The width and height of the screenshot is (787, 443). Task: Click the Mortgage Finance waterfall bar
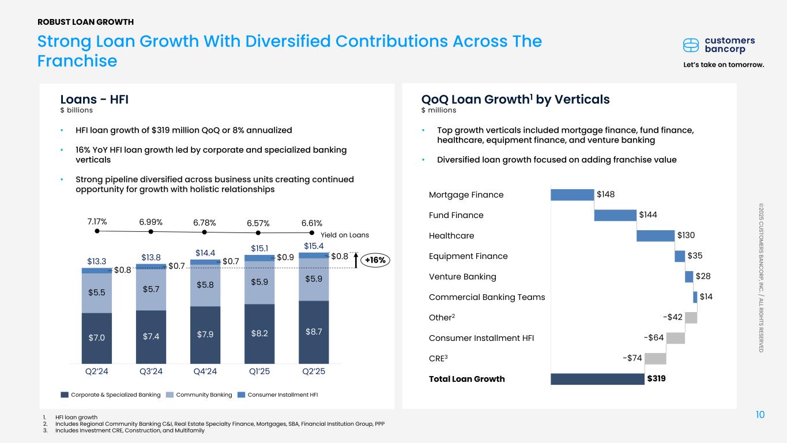click(x=572, y=194)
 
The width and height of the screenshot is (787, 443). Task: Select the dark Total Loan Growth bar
click(x=597, y=379)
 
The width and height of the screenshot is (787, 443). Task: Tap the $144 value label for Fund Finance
click(x=649, y=215)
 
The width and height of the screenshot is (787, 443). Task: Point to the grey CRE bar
click(x=655, y=358)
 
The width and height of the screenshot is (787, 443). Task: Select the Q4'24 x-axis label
click(x=205, y=371)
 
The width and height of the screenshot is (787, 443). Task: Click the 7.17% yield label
click(x=97, y=222)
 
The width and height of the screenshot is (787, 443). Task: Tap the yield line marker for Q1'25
click(x=258, y=232)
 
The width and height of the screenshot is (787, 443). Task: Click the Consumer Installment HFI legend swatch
click(x=242, y=395)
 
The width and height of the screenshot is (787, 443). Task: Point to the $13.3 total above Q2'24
click(x=97, y=261)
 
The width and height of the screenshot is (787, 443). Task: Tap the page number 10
click(x=760, y=415)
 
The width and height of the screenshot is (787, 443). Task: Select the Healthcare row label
click(x=451, y=236)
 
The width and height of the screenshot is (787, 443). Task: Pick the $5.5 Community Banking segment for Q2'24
click(x=97, y=293)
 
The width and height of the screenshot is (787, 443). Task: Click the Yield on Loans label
click(x=344, y=235)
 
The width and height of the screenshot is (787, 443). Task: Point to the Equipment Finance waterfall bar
click(x=680, y=256)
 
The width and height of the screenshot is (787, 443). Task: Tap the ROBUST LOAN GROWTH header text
click(x=85, y=22)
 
